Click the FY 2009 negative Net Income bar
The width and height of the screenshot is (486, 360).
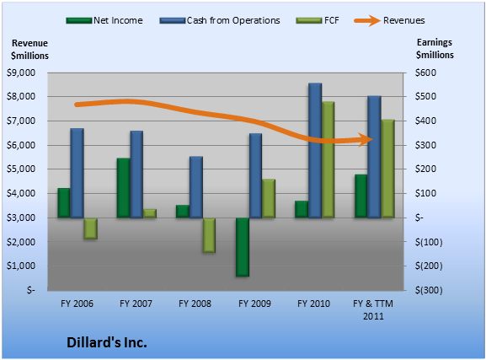pos(243,247)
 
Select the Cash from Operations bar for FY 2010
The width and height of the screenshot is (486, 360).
pos(315,151)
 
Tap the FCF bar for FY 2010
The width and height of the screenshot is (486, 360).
pos(328,159)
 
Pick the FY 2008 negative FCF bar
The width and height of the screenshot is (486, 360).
pos(209,235)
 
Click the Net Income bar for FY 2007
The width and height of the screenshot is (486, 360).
pos(123,188)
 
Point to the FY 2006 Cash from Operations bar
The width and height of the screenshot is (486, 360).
pos(77,173)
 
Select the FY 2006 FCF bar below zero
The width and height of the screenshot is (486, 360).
pos(90,228)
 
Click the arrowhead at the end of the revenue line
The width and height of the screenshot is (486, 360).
pos(366,140)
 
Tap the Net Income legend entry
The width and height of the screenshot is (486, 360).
pos(104,20)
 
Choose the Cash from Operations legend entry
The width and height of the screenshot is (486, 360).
pos(220,20)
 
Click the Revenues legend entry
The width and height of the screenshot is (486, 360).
pos(390,20)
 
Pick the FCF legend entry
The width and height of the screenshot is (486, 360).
pos(318,20)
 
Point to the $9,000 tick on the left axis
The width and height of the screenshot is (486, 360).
pos(21,73)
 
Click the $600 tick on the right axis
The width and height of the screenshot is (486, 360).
pos(425,73)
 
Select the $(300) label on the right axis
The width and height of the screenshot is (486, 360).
pos(429,291)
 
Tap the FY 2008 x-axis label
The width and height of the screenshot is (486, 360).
pos(195,304)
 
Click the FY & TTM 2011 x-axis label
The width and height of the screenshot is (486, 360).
pos(373,309)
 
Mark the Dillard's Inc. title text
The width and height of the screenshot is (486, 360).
pos(107,342)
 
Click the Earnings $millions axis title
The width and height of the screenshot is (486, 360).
pos(435,49)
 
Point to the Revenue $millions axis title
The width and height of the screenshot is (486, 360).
pos(29,50)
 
